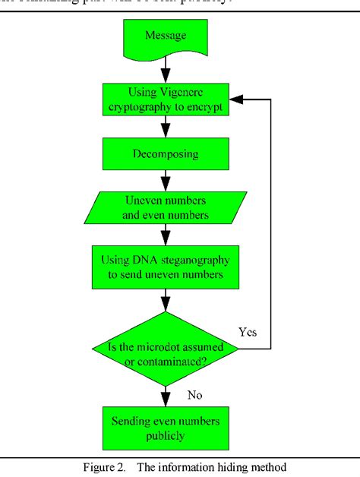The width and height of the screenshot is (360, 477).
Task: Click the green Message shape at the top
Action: [x=165, y=37]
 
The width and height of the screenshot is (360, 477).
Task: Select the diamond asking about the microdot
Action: [x=165, y=348]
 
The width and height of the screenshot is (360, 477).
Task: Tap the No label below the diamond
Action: [x=195, y=395]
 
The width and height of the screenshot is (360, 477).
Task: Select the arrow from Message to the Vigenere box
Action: [x=165, y=70]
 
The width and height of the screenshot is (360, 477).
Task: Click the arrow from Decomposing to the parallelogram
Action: [x=165, y=182]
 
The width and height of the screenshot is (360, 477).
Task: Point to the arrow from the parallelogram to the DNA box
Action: [x=165, y=236]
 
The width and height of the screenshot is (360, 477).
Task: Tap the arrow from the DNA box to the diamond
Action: [x=165, y=300]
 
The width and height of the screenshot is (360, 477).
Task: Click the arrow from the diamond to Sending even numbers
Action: [x=165, y=396]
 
